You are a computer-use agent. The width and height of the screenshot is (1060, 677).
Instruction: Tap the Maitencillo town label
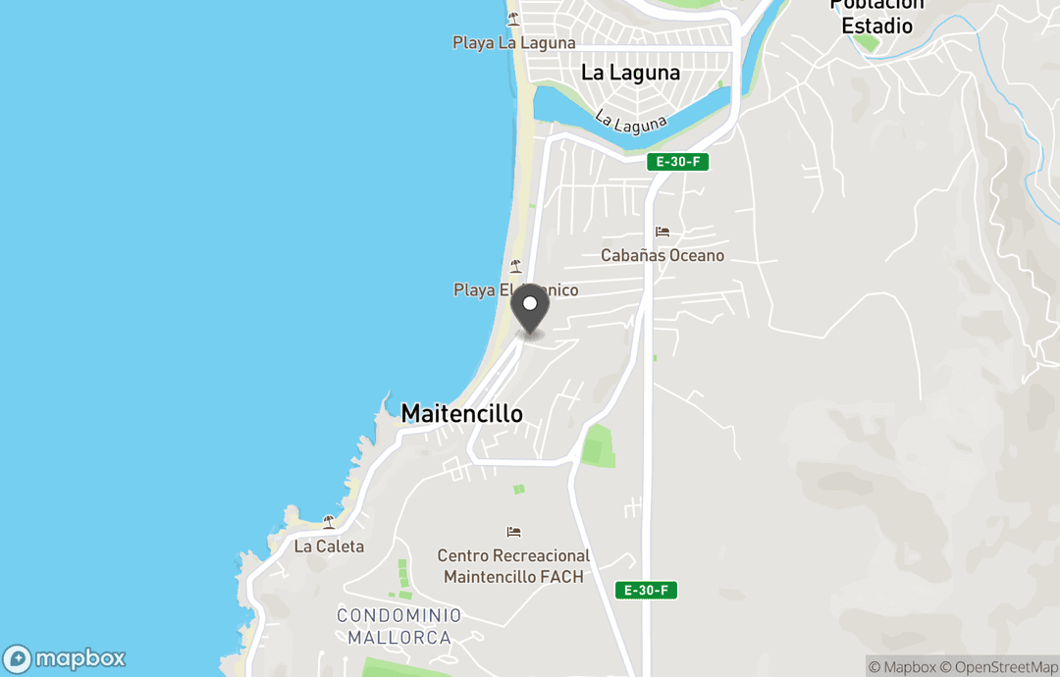[x=461, y=414]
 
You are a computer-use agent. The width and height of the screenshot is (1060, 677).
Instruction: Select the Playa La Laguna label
[x=513, y=43]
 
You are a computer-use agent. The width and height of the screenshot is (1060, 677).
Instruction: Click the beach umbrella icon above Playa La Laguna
[x=513, y=20]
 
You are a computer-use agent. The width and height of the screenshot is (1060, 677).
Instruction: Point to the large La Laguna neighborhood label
[x=630, y=73]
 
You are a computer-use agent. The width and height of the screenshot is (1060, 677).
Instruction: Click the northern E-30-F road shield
[x=677, y=162]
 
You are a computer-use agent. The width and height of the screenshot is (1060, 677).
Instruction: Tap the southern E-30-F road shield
[x=647, y=590]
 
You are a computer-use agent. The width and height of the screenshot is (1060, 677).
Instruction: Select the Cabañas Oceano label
[x=662, y=255]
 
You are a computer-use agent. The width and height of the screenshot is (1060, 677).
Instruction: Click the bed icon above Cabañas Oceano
[x=662, y=233]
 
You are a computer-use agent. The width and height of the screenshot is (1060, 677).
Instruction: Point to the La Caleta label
[x=329, y=547]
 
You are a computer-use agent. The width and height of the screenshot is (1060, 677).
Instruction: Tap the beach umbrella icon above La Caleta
[x=329, y=522]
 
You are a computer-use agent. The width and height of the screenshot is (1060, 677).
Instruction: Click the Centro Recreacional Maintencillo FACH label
[x=513, y=566]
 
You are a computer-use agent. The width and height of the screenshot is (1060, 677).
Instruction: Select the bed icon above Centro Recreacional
[x=513, y=532]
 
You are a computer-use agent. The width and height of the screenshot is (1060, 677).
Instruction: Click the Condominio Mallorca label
[x=398, y=626]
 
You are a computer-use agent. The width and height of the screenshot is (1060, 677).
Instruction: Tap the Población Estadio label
[x=876, y=16]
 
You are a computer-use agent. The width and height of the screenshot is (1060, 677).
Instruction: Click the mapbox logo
[x=65, y=658]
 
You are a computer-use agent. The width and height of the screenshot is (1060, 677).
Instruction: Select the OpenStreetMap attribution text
[x=999, y=667]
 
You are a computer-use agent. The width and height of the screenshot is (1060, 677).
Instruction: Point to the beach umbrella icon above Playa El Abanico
[x=514, y=266]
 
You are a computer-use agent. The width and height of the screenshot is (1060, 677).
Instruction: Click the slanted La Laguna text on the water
[x=630, y=123]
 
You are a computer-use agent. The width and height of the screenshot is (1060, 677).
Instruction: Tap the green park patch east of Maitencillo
[x=597, y=445]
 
